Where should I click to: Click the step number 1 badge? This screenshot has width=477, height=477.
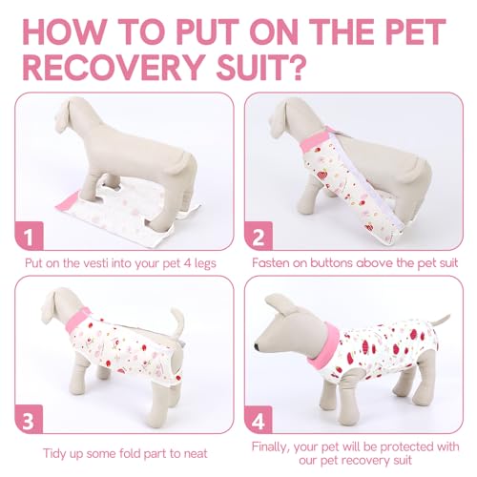tap(31, 232)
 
